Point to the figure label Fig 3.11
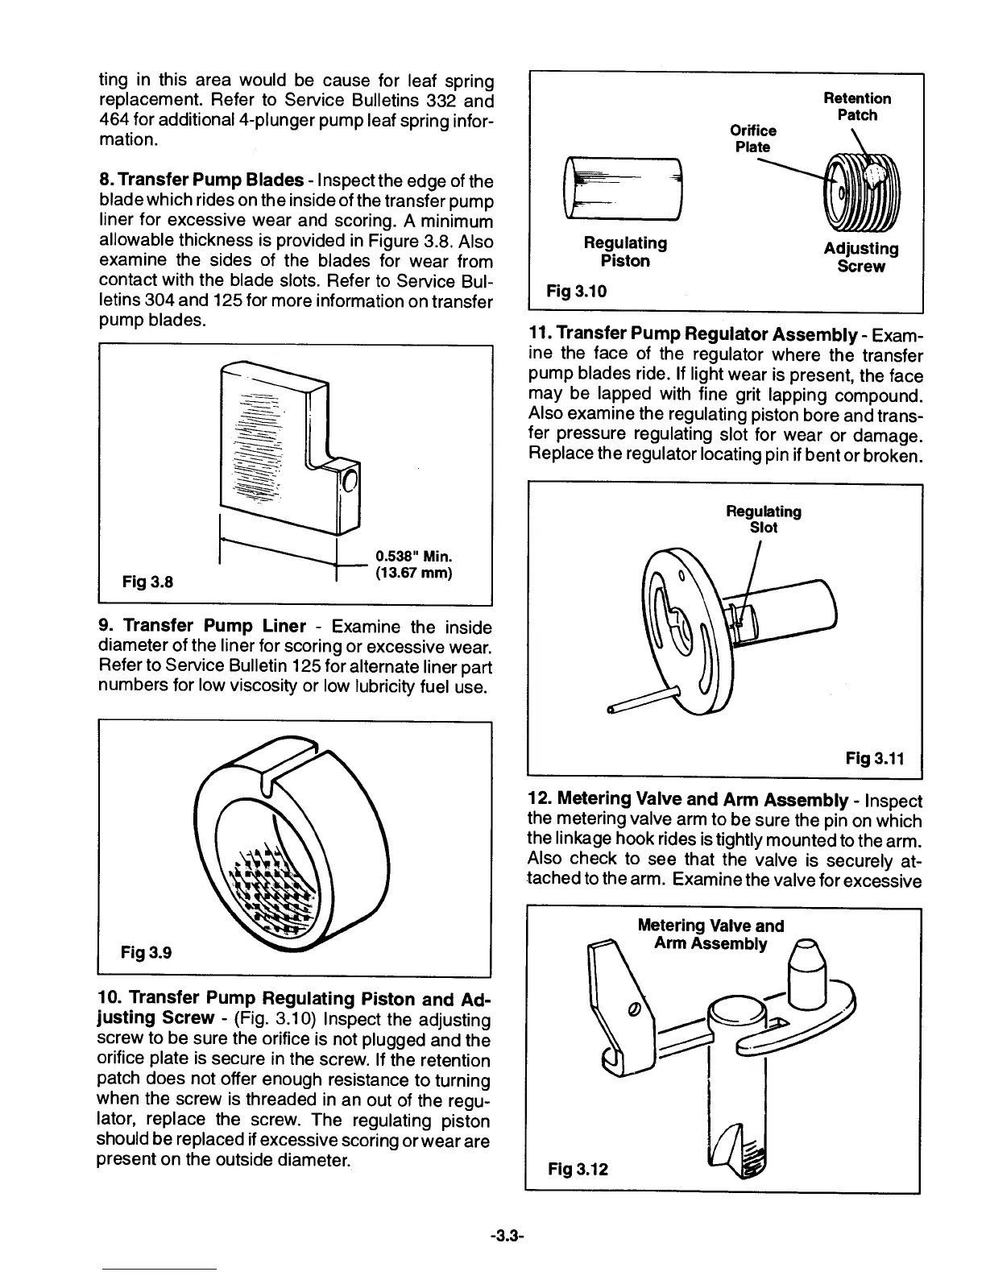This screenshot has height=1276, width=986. coord(874,758)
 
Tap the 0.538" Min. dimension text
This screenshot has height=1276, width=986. coord(413,557)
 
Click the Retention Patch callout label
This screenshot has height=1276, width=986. coord(857,106)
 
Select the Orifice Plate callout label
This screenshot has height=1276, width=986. coord(752,139)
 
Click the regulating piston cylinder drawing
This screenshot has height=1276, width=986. coord(623,188)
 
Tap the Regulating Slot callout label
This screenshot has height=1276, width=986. coord(764,520)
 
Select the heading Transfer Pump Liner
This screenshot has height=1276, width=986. coord(214,626)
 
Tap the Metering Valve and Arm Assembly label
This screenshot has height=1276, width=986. coord(710,934)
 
